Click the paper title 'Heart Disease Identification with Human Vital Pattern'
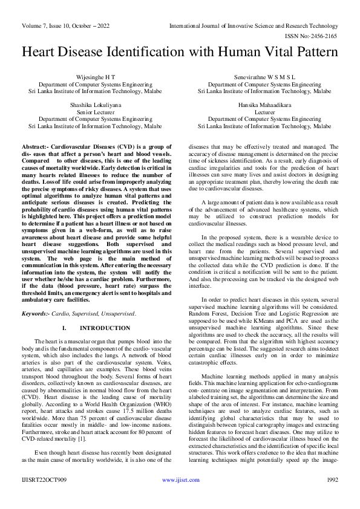click(x=180, y=52)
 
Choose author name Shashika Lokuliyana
click(x=95, y=105)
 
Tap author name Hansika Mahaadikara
click(x=264, y=105)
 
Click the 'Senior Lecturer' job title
click(x=95, y=112)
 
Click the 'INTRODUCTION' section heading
click(x=105, y=328)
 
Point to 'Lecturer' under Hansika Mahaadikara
click(x=264, y=112)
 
